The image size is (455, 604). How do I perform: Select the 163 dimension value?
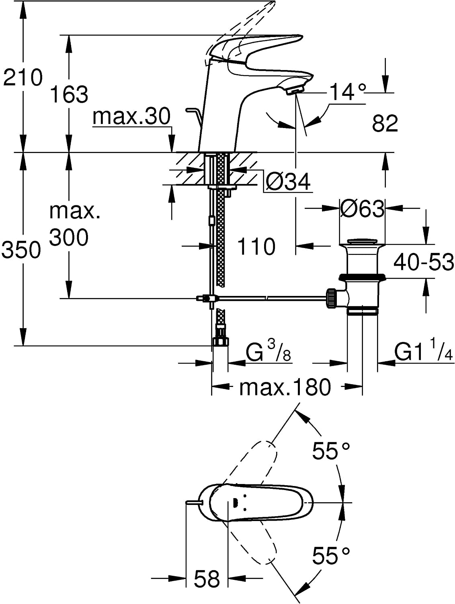coord(69,95)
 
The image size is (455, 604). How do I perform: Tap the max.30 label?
coord(131,117)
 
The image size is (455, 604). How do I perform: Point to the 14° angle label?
coord(348,92)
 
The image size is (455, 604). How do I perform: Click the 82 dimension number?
coord(385,123)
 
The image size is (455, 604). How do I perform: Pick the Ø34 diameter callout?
coord(288,182)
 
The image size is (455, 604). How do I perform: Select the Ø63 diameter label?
coord(362,209)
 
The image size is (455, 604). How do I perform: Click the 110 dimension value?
coord(256,246)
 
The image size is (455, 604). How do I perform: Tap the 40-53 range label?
coord(423,262)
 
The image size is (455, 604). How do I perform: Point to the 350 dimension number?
coord(21,250)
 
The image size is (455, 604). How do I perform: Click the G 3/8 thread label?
coord(268,353)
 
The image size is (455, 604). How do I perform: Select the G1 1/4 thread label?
coord(423,353)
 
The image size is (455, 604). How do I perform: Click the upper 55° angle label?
coord(331,451)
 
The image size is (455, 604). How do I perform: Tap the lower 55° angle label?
coord(331,556)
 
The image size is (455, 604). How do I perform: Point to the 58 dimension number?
coord(207,579)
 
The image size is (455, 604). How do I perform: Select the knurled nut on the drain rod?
coord(332,298)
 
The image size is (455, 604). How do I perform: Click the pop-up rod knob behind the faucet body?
coord(191,110)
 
